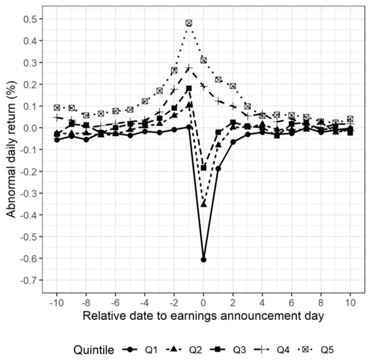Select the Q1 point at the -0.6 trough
point(204,259)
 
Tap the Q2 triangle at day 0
point(204,204)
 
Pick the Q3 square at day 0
point(204,168)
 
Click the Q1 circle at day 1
point(218,168)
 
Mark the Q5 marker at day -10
point(57,107)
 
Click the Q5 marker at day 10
point(350,119)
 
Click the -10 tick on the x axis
point(57,303)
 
